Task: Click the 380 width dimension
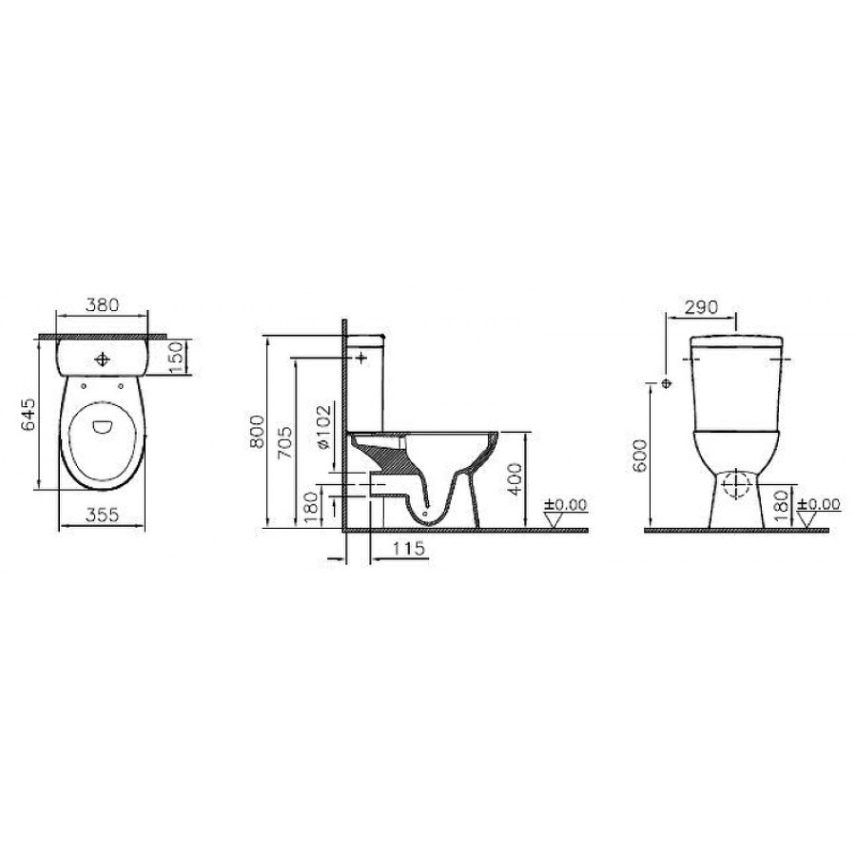coord(102,304)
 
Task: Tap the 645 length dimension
coord(29,414)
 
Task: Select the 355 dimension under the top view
coord(102,515)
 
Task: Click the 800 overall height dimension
coord(257,432)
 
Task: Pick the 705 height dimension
coord(285,441)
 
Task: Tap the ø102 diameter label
coord(323,426)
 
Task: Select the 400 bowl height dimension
coord(515,478)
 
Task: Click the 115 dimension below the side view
coord(408,548)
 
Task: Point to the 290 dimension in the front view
coord(702,307)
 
